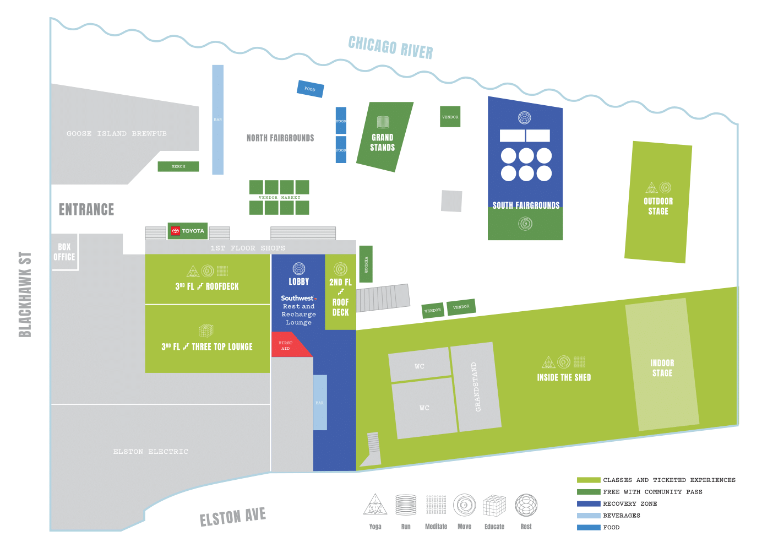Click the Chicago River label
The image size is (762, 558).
[390, 47]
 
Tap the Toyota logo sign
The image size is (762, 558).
[188, 231]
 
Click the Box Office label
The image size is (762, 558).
[64, 252]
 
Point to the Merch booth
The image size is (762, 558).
[178, 166]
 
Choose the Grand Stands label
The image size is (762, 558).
[383, 142]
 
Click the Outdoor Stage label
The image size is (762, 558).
[658, 206]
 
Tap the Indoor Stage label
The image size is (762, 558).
[662, 368]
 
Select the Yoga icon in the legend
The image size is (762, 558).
[375, 505]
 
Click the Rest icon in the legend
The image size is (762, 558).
[526, 505]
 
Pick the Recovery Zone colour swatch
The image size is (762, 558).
[588, 503]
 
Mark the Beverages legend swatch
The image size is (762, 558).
[588, 516]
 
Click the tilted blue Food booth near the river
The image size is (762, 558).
[310, 89]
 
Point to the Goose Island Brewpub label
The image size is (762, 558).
[117, 134]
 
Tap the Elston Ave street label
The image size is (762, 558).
[232, 517]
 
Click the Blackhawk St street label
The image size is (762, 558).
[25, 294]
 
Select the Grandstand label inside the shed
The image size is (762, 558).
[477, 387]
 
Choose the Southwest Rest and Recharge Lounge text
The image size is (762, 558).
[298, 310]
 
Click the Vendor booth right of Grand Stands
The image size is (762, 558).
[450, 117]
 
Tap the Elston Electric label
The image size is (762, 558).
[150, 452]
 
